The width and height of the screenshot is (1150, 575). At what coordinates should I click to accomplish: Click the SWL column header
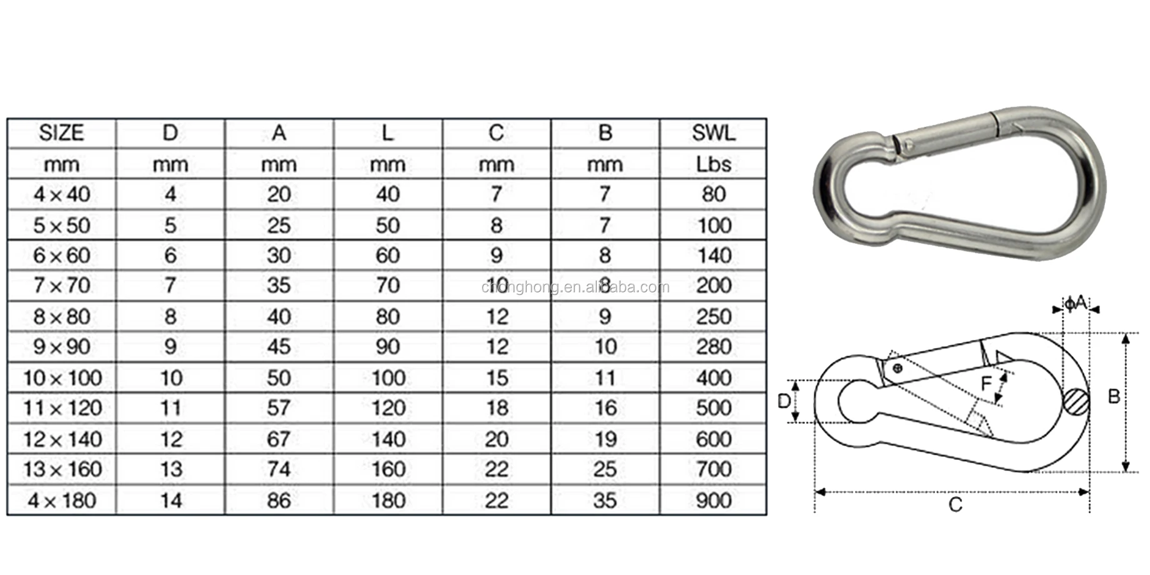point(713,132)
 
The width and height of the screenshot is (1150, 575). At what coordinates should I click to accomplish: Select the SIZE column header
point(61,132)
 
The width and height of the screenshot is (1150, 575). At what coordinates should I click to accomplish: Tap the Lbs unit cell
point(713,164)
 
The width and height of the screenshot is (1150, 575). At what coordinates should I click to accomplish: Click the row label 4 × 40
point(61,194)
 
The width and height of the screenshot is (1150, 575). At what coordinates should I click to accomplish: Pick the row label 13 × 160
point(62,469)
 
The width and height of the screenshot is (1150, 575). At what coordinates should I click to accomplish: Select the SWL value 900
point(713,501)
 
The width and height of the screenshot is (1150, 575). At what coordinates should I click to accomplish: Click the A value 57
point(279,408)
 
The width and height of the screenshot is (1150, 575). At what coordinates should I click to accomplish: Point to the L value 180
point(388,501)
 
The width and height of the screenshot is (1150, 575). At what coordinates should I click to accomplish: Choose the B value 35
point(605,501)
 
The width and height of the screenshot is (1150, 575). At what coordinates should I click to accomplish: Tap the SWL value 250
point(713,317)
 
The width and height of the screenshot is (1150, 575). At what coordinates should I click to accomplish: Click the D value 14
point(171,501)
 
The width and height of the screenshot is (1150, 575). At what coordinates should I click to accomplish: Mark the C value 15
point(497,378)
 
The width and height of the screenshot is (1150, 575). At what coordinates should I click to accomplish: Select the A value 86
point(279,501)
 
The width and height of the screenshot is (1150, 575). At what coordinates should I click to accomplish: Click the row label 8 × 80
point(61,317)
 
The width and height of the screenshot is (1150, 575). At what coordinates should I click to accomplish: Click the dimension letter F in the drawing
point(986,383)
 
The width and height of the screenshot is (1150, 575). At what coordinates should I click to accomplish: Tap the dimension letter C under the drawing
point(955,504)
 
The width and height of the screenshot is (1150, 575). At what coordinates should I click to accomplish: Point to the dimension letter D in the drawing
point(784,401)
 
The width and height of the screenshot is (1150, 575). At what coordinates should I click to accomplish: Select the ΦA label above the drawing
point(1076,304)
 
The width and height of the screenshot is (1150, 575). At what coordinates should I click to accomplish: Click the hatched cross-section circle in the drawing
point(1076,401)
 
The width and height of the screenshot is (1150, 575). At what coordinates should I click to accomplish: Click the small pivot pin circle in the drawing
point(897,368)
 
